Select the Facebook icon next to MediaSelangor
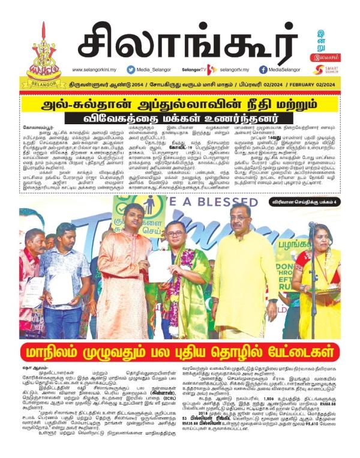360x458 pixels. (263, 70)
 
